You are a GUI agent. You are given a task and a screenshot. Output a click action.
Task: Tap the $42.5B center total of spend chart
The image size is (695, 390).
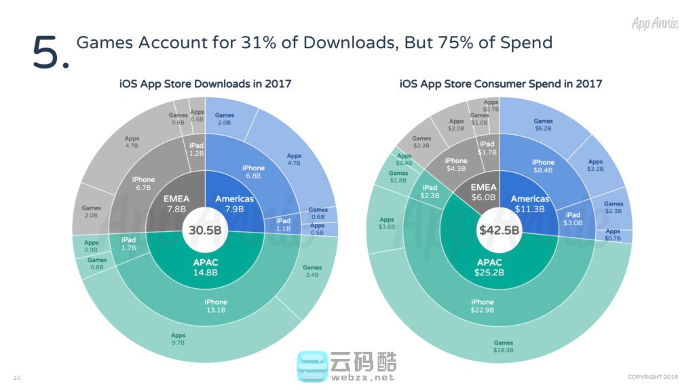[500, 229]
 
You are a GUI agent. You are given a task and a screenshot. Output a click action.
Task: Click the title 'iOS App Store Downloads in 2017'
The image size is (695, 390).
[205, 84]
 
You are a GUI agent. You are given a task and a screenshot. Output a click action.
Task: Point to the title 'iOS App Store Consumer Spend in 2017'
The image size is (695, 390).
[501, 84]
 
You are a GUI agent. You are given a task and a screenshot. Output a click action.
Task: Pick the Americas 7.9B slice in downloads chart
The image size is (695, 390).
[234, 203]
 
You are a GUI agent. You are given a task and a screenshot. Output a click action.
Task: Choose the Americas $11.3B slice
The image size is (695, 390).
[529, 203]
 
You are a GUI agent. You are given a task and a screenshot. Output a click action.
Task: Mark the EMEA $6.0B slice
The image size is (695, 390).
[485, 192]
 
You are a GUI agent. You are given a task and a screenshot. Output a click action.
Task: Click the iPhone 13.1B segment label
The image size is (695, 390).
[216, 306]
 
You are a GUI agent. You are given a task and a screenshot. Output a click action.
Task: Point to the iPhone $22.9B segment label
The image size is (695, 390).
[483, 306]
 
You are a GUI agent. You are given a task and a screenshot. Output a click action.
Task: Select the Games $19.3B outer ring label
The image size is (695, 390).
[503, 347]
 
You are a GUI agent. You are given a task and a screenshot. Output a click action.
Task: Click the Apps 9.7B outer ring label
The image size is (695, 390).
[179, 339]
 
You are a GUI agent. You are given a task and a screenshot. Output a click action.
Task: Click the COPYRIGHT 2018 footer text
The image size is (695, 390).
[652, 377]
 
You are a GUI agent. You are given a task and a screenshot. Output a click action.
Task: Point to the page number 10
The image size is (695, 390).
[17, 377]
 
